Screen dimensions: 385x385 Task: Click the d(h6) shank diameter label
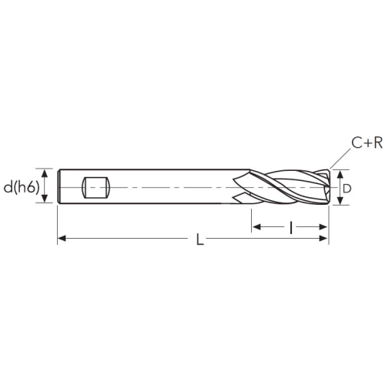pyautogui.click(x=22, y=188)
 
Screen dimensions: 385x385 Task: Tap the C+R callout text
pyautogui.click(x=367, y=142)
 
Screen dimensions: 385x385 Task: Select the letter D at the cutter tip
pyautogui.click(x=347, y=189)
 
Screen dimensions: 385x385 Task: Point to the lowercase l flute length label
pyautogui.click(x=290, y=227)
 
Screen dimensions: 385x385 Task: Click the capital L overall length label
pyautogui.click(x=200, y=239)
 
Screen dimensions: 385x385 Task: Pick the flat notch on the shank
pyautogui.click(x=95, y=188)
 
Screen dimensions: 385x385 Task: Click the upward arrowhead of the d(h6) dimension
pyautogui.click(x=45, y=173)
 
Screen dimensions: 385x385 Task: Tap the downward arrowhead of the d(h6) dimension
pyautogui.click(x=45, y=199)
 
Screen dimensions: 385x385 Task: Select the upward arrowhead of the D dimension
pyautogui.click(x=340, y=175)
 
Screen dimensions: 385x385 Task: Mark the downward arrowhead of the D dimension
pyautogui.click(x=340, y=200)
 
